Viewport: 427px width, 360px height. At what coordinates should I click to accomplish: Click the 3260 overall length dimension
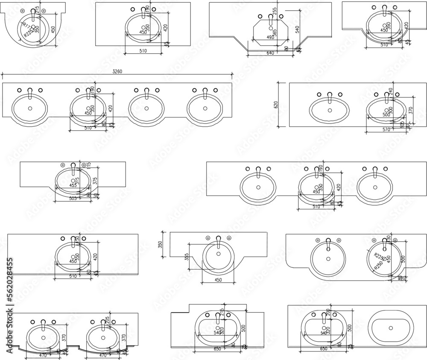click(117, 71)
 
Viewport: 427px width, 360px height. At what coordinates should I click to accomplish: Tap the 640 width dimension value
click(269, 53)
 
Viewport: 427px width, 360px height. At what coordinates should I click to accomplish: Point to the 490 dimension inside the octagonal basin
click(270, 38)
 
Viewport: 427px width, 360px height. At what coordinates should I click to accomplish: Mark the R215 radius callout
click(378, 256)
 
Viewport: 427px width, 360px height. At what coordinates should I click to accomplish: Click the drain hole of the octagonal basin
click(270, 29)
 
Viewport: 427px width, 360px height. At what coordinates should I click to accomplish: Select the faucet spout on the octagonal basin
click(270, 18)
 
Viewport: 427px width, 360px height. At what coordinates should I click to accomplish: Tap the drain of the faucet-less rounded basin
click(391, 328)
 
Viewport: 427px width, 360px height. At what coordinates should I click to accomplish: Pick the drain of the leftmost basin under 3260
click(30, 108)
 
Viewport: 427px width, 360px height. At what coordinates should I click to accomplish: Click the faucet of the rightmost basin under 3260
click(205, 93)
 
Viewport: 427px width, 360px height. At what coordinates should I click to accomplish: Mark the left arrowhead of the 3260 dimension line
click(3, 76)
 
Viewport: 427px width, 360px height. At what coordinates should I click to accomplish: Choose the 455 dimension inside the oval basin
click(73, 185)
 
